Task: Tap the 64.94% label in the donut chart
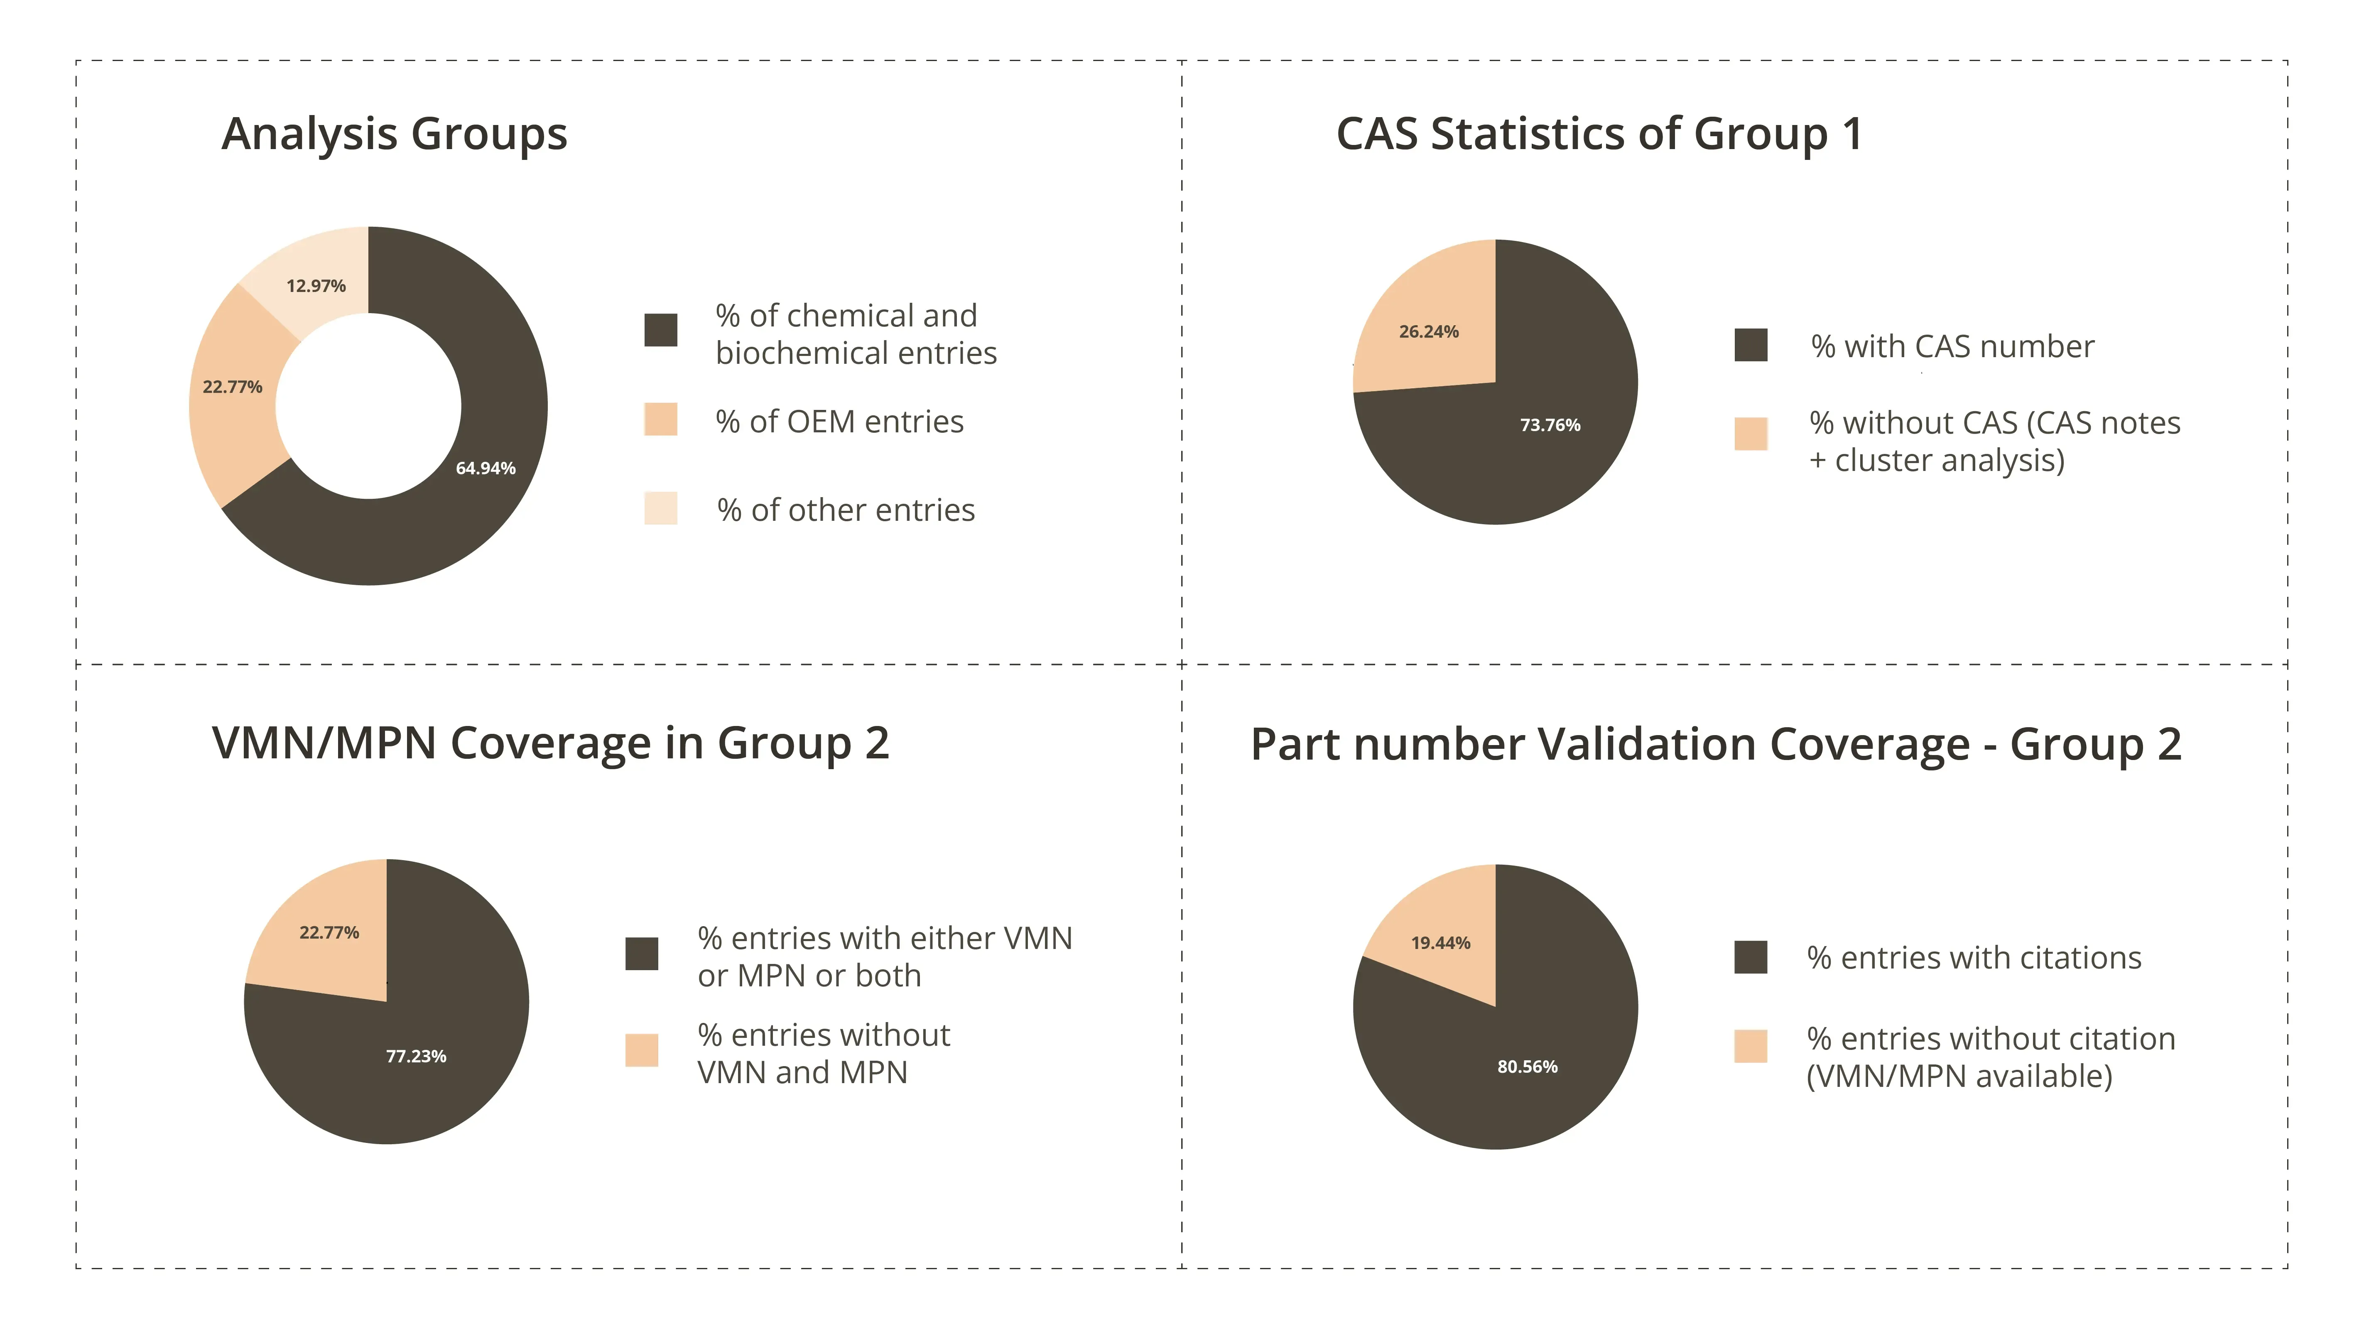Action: tap(486, 468)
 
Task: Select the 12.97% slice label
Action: tap(316, 285)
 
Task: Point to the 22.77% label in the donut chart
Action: tap(232, 386)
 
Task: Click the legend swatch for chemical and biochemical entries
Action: tap(661, 329)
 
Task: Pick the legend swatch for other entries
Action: tap(661, 508)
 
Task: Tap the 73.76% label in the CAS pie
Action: tap(1550, 425)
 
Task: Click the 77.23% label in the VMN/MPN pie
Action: tap(416, 1057)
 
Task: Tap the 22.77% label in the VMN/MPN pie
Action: tap(329, 932)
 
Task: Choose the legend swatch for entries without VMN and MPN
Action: tap(642, 1050)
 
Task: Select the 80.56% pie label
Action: tap(1527, 1067)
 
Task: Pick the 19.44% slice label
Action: tap(1441, 943)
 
